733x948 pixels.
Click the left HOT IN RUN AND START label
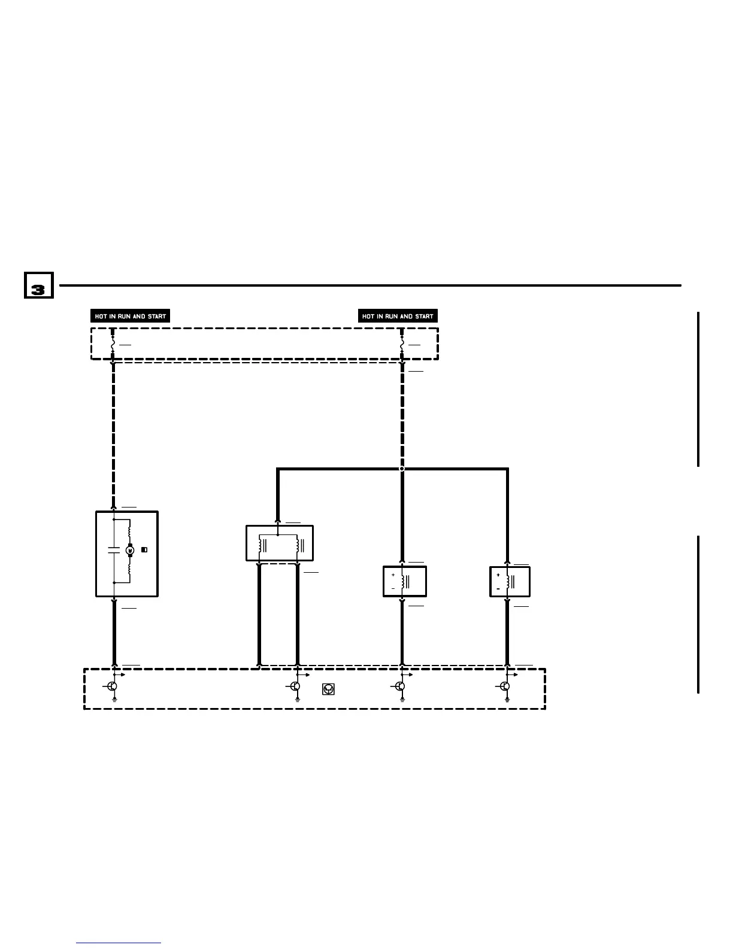(131, 316)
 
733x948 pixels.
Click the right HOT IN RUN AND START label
(398, 316)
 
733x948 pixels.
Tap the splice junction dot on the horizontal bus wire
(402, 469)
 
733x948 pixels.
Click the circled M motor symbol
(129, 550)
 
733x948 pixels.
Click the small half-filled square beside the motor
(144, 549)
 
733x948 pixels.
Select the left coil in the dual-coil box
(261, 546)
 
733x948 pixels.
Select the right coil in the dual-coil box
(297, 546)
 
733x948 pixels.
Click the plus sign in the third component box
(393, 575)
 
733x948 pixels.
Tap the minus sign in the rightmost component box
(498, 589)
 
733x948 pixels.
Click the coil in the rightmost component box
(508, 581)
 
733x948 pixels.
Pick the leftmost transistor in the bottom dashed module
(112, 686)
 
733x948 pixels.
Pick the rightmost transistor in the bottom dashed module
(505, 686)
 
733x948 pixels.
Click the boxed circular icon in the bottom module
(328, 689)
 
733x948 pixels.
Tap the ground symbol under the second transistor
(297, 698)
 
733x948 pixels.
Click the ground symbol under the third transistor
(402, 698)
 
